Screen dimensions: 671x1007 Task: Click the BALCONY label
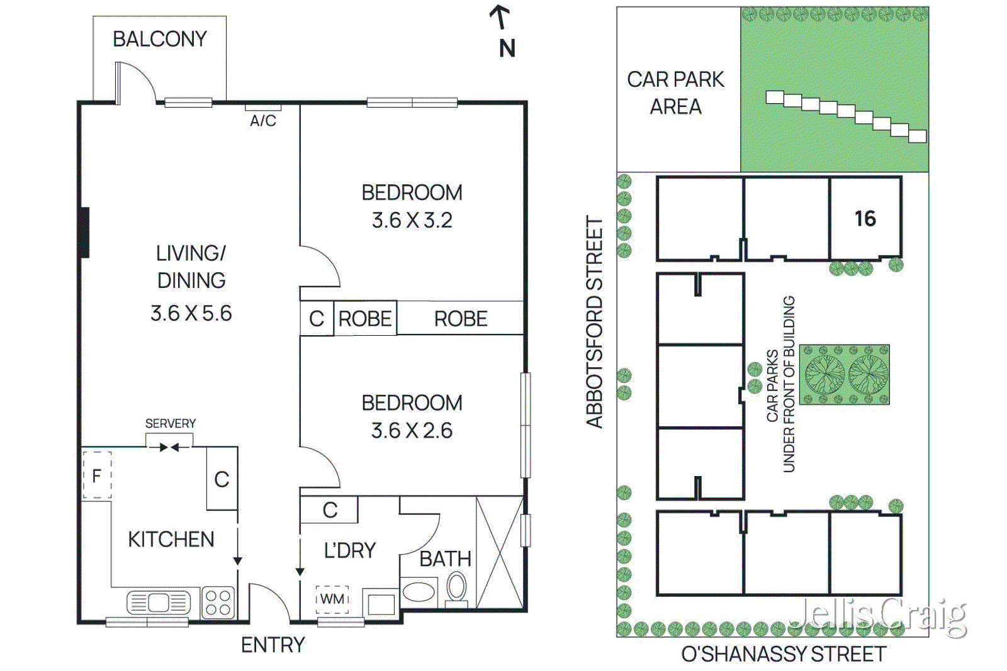(160, 39)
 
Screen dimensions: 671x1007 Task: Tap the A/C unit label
(263, 121)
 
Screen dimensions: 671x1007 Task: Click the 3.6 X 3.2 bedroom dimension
(412, 220)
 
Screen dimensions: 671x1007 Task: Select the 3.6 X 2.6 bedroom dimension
(412, 430)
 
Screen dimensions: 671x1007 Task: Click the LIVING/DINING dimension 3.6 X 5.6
(191, 313)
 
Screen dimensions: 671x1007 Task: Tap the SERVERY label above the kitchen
(170, 423)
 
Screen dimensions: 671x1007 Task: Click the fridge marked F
(97, 475)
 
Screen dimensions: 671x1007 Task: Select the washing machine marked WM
(332, 599)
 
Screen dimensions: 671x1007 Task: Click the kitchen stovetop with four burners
(218, 602)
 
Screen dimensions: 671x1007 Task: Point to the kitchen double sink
(158, 602)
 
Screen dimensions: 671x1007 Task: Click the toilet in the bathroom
(456, 589)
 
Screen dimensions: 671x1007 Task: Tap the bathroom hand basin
(419, 592)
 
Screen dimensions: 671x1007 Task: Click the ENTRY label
(273, 645)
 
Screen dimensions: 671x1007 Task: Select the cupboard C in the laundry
(330, 510)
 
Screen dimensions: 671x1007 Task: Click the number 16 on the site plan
(865, 218)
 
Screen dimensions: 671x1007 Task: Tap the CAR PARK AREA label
(675, 92)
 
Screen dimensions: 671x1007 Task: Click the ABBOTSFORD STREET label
(595, 322)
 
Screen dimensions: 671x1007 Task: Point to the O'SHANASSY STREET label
(784, 654)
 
